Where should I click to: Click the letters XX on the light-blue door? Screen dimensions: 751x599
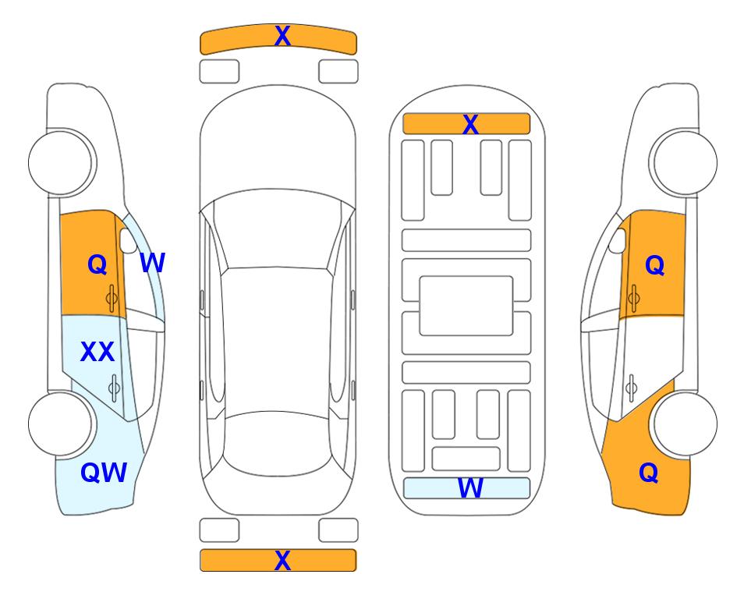click(97, 352)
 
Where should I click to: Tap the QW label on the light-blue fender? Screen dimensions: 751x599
click(104, 473)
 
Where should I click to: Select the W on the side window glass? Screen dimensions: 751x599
click(152, 263)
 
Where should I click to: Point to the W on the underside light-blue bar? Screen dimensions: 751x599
click(469, 488)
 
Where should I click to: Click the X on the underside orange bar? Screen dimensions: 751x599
click(470, 125)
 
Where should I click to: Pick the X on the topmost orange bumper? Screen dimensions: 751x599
click(282, 36)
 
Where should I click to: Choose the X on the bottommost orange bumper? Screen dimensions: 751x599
click(282, 560)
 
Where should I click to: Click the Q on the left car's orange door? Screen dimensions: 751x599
click(97, 264)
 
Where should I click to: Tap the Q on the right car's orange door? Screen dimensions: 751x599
click(655, 265)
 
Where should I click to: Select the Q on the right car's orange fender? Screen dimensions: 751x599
click(649, 473)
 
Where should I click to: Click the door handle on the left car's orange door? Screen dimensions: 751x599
click(112, 298)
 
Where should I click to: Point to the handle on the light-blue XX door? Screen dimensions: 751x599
click(114, 388)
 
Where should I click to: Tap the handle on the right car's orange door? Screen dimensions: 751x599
click(633, 298)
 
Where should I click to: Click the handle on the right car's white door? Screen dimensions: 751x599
click(631, 388)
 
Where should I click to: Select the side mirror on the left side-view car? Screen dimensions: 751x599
click(128, 240)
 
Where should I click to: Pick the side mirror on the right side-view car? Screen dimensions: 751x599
click(618, 240)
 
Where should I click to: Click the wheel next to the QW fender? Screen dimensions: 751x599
click(61, 424)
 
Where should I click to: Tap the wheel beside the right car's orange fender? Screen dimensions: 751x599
click(685, 424)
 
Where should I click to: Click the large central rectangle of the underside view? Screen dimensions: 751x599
click(466, 306)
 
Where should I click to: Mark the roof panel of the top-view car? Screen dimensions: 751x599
click(277, 341)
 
